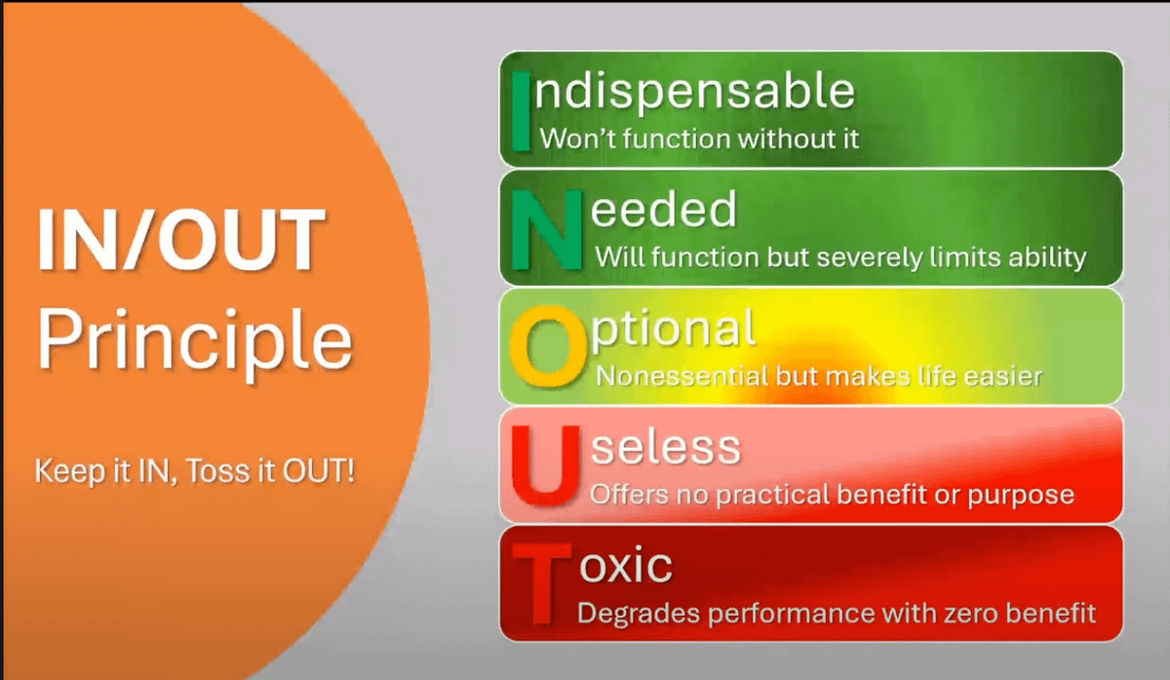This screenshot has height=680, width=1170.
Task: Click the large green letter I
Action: click(521, 111)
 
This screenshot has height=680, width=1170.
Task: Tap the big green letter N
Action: click(547, 230)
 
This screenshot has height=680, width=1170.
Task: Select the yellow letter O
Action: click(548, 346)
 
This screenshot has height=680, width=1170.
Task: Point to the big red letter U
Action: click(546, 465)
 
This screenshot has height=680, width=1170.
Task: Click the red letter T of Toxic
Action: click(542, 583)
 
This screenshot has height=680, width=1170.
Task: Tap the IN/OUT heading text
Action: click(181, 239)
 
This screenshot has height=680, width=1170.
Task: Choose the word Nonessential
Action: click(682, 377)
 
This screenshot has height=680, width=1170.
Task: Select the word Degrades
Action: click(639, 614)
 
